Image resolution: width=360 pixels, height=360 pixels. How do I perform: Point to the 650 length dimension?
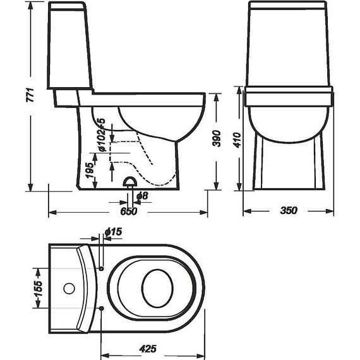click(129, 212)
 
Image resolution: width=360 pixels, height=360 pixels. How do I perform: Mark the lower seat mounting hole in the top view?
click(102, 308)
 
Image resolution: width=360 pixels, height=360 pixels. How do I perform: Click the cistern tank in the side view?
click(69, 47)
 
